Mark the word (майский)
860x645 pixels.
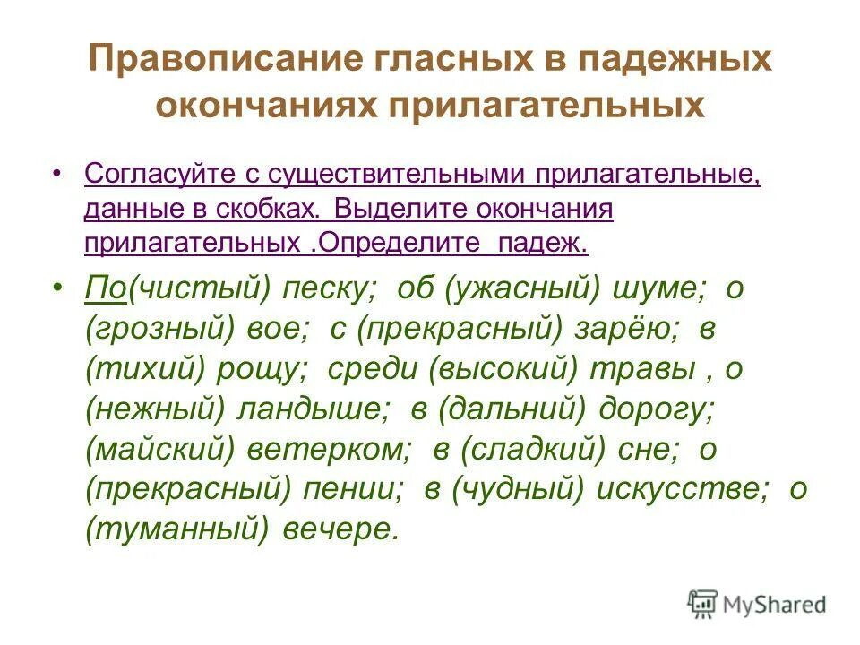tap(159, 449)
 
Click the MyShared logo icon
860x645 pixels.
tap(703, 605)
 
